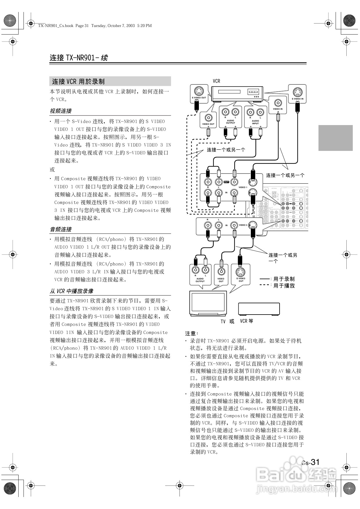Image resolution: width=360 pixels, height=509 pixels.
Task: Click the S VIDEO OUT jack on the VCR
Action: pyautogui.click(x=199, y=91)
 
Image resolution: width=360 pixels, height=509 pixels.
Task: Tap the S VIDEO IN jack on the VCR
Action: pyautogui.click(x=297, y=92)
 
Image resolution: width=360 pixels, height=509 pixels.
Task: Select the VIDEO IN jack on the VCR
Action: pyautogui.click(x=278, y=103)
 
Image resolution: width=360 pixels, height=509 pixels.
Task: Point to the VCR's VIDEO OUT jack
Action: pyautogui.click(x=208, y=118)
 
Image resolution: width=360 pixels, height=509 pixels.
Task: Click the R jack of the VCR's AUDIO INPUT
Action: pyautogui.click(x=250, y=112)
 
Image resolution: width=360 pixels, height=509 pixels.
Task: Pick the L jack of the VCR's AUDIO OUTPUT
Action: pyautogui.click(x=235, y=112)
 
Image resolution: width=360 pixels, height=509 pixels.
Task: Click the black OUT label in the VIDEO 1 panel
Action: pyautogui.click(x=226, y=182)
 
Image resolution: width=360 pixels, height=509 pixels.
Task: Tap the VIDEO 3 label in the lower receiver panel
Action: pyautogui.click(x=243, y=225)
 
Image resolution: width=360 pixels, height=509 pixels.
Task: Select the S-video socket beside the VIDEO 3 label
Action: pyautogui.click(x=253, y=225)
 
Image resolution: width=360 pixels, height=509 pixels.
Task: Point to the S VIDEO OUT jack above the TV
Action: pyautogui.click(x=241, y=272)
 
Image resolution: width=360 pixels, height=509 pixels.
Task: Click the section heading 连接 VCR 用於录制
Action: pyautogui.click(x=78, y=82)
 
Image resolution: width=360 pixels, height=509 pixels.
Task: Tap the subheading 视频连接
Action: pyautogui.click(x=61, y=111)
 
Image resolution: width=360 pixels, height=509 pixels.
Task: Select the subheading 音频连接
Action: pyautogui.click(x=61, y=229)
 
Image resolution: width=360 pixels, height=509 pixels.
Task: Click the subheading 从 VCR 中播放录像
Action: pyautogui.click(x=71, y=291)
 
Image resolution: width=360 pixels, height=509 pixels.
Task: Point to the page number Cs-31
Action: pyautogui.click(x=310, y=462)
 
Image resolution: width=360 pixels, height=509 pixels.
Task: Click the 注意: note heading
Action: pyautogui.click(x=192, y=333)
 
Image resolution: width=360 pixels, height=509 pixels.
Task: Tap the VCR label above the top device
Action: pyautogui.click(x=216, y=81)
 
